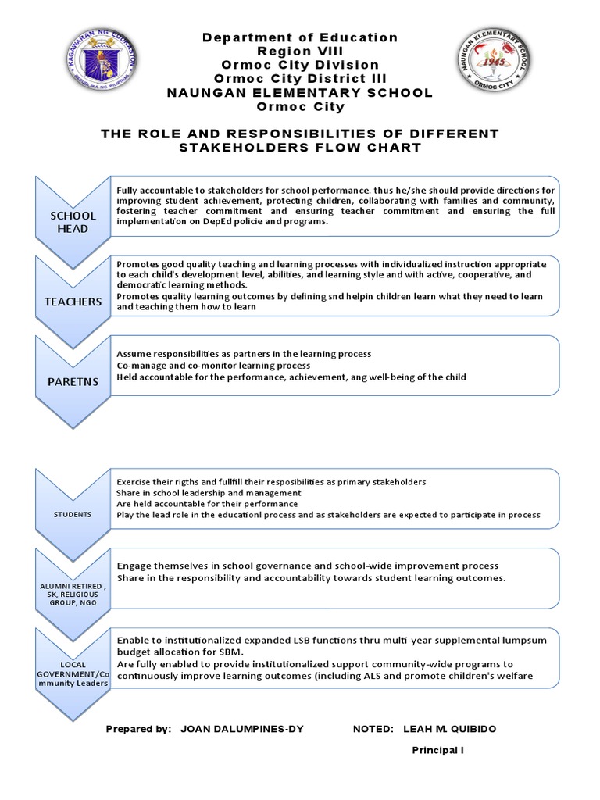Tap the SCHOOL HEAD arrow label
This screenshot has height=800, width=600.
tap(73, 222)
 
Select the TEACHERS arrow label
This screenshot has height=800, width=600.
tap(73, 302)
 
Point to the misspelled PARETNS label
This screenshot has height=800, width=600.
tap(73, 380)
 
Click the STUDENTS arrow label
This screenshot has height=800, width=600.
tap(73, 514)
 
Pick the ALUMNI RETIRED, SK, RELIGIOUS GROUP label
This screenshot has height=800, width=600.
tap(73, 596)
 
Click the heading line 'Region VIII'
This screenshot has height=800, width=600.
tap(300, 52)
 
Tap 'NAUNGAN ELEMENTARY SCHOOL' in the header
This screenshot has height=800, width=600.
tap(300, 93)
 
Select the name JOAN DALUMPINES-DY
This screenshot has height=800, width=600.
tap(242, 729)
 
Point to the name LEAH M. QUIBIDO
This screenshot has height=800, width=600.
tap(449, 729)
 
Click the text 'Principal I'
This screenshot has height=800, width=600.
tap(438, 751)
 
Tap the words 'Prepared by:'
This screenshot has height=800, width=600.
tap(138, 729)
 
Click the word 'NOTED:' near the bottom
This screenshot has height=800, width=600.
tap(373, 729)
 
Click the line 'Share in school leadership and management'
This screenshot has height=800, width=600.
tap(209, 493)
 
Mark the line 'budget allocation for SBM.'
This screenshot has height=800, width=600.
tap(180, 652)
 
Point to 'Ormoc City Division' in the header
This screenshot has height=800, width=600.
tap(300, 65)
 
